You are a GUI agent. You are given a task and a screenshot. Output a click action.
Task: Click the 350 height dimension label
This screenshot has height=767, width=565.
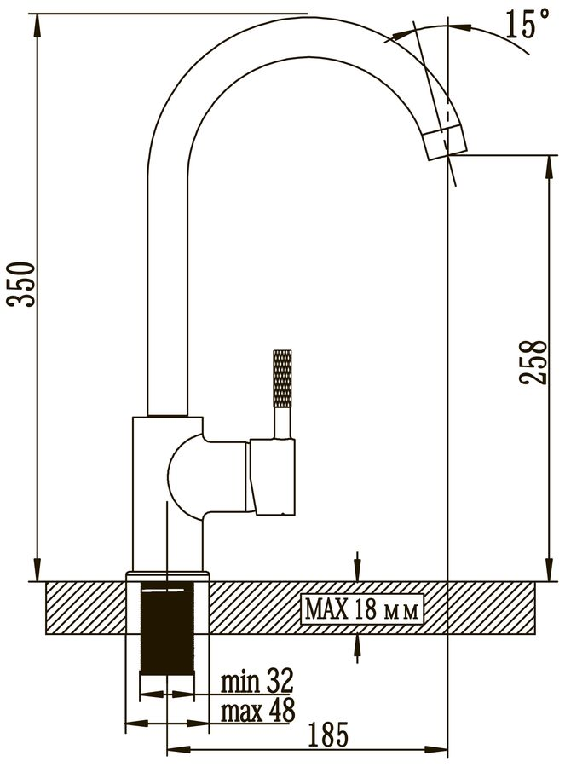[20, 284]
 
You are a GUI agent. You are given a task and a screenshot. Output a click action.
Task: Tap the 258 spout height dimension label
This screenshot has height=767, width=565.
[533, 362]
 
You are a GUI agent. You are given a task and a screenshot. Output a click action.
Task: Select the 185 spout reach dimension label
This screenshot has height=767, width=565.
[329, 735]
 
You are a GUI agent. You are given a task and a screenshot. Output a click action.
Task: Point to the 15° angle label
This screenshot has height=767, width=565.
[527, 24]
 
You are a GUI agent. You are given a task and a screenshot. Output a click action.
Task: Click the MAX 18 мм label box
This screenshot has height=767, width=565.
[361, 610]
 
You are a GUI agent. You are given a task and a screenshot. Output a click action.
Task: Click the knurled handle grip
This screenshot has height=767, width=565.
[282, 379]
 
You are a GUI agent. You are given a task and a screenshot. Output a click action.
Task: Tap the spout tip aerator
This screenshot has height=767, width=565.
[444, 141]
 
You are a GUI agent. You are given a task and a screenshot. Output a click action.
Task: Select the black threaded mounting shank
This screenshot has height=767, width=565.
[167, 632]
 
